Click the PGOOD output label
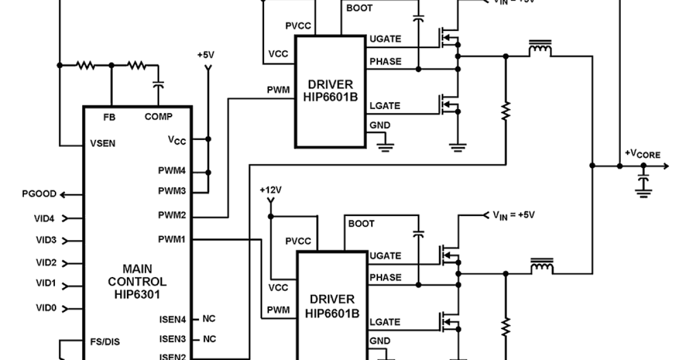coord(39,194)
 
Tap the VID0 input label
coord(46,308)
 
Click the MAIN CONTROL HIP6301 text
coord(137,282)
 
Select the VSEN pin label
coord(103,144)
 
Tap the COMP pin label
coord(158,117)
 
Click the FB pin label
coord(109,117)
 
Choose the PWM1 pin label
coord(172,239)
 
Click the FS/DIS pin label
coord(105,342)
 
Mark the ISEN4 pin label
coord(172,319)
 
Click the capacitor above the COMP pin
coord(158,85)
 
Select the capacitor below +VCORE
coord(644,182)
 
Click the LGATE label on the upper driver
coord(385,106)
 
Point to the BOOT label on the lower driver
coord(361,223)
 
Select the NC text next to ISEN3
coord(209,339)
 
